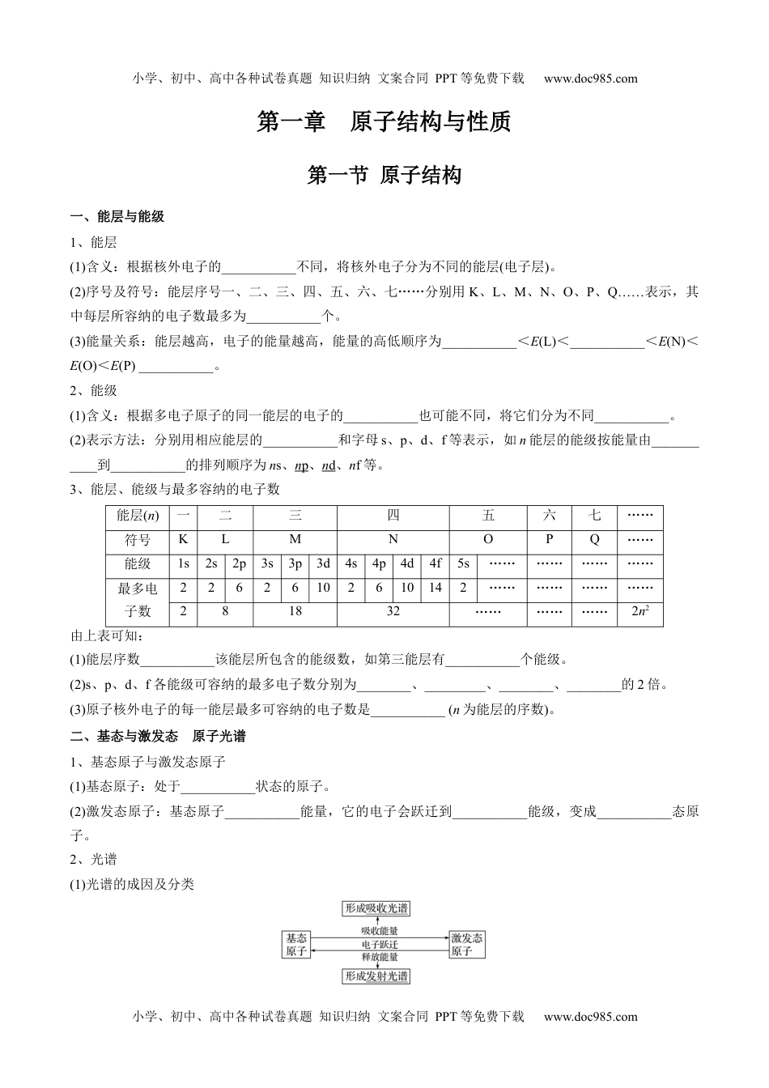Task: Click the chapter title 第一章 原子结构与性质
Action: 384,122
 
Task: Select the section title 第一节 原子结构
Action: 384,175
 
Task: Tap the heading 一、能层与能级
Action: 117,217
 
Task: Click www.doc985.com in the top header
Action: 591,79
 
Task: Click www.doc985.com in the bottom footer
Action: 591,1017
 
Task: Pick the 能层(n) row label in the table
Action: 138,516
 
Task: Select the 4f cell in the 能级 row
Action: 435,564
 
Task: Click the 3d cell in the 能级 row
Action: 323,564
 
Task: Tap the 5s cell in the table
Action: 463,564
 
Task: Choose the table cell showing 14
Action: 435,589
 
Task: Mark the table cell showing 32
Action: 393,612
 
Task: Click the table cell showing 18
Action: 295,612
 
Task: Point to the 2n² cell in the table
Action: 640,612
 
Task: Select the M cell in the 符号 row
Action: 295,540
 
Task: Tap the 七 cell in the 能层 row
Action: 594,516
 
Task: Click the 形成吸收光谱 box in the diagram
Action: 376,908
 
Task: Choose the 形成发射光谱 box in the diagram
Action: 376,975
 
